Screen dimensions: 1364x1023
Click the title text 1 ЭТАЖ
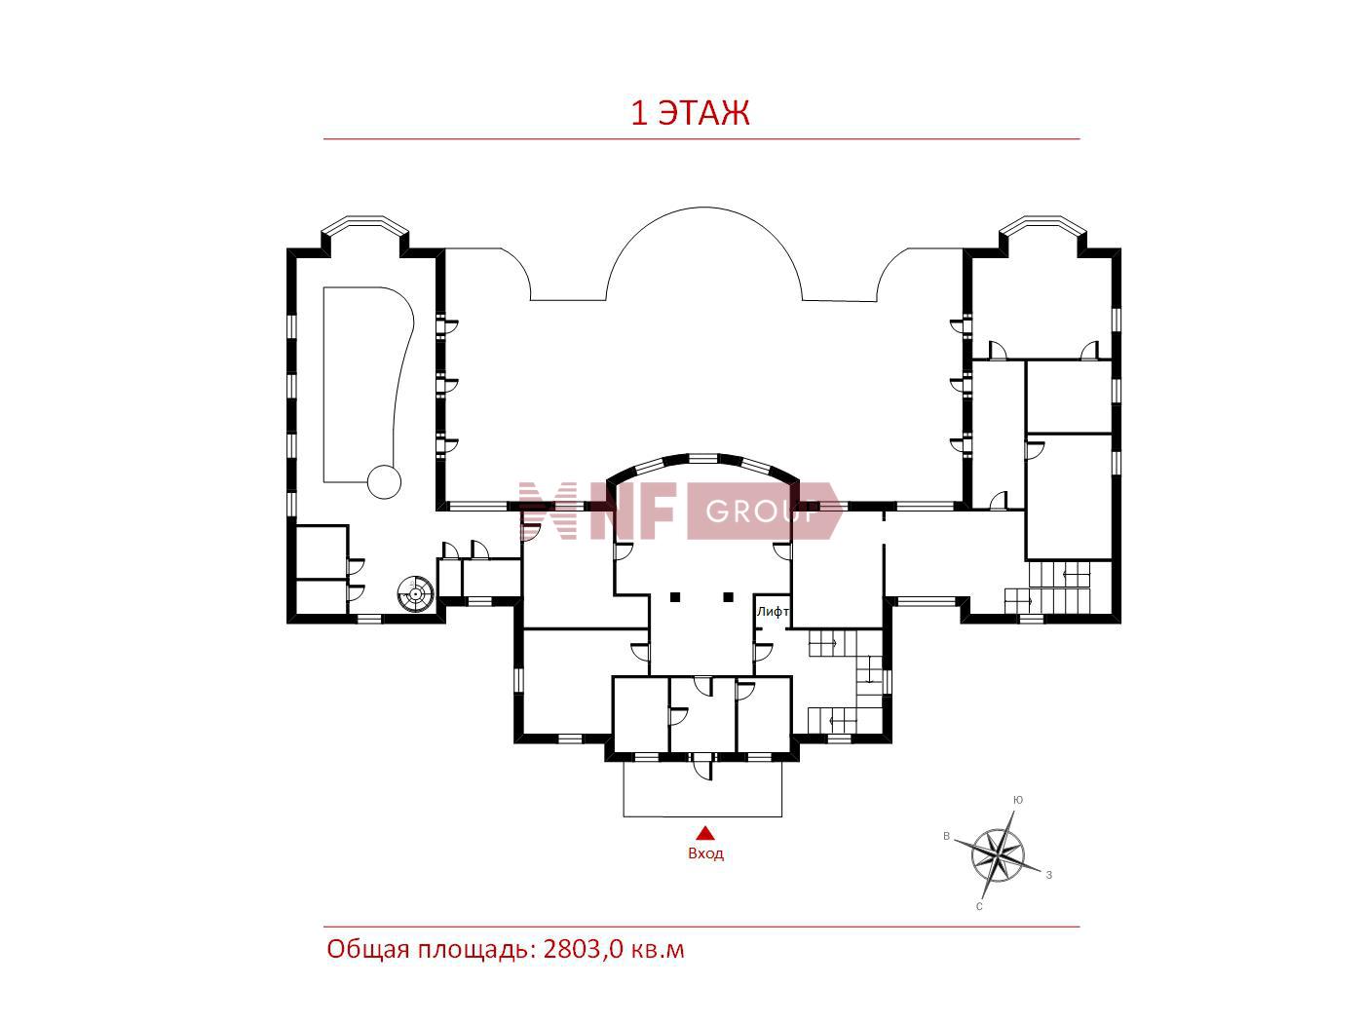click(x=690, y=113)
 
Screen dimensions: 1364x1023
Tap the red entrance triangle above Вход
click(x=704, y=833)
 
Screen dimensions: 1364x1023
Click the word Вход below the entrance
click(x=705, y=853)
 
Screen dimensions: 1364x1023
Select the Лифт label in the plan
click(x=773, y=611)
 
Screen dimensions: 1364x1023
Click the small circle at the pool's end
click(x=384, y=481)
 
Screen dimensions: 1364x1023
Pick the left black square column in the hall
click(x=675, y=597)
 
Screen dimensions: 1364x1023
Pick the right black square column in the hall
click(x=729, y=597)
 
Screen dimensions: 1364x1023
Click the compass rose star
click(x=998, y=854)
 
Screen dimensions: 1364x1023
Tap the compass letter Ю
click(x=1017, y=800)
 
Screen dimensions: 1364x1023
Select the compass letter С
click(x=979, y=906)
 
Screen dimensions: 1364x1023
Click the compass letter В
click(x=946, y=836)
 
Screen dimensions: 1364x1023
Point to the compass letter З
click(x=1049, y=875)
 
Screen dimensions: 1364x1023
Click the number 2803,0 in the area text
click(x=583, y=949)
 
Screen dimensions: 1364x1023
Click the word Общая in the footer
click(x=367, y=950)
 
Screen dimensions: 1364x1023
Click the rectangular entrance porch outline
click(x=702, y=816)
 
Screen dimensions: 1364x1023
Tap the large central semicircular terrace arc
click(x=703, y=207)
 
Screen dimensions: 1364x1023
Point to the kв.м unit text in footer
click(x=658, y=950)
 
